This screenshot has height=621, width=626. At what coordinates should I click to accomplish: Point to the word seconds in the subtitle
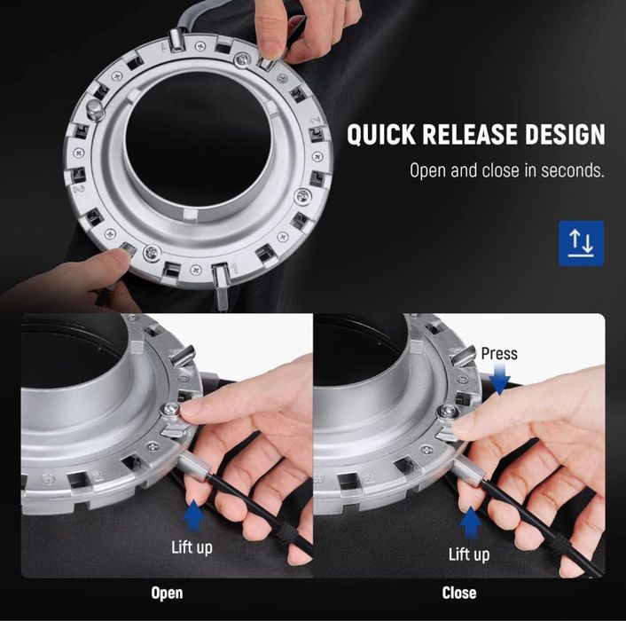[573, 170]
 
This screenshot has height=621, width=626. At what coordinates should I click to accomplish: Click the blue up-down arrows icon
[581, 243]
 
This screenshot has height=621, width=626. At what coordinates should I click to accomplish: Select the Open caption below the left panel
[167, 593]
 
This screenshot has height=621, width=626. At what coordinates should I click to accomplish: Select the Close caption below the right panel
[459, 593]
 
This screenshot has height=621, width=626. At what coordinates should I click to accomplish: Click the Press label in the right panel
[499, 353]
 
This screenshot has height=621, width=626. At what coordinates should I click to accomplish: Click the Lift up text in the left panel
[192, 547]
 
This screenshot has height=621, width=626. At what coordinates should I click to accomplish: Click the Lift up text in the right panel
[469, 554]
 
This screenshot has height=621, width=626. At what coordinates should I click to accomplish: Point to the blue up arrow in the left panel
[193, 516]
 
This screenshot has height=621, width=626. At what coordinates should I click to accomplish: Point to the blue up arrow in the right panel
[471, 523]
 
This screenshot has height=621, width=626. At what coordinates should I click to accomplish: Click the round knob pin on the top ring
[95, 109]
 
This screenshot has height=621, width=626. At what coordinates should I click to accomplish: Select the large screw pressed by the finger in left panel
[170, 410]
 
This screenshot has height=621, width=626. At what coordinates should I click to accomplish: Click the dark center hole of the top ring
[199, 140]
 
